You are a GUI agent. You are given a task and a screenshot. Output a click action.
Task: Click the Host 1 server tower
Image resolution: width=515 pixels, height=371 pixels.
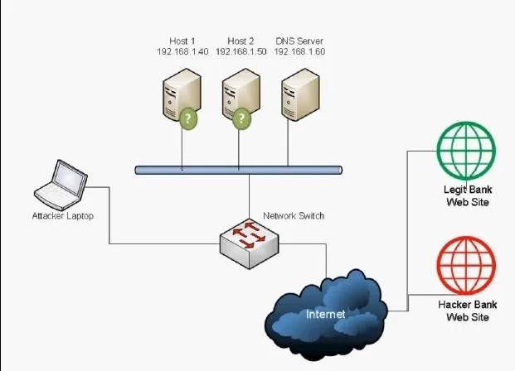pyautogui.click(x=182, y=94)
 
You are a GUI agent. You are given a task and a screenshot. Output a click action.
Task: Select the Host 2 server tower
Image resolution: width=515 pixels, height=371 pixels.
pyautogui.click(x=241, y=94)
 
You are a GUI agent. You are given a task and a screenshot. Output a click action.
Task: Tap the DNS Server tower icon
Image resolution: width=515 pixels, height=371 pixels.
pyautogui.click(x=300, y=94)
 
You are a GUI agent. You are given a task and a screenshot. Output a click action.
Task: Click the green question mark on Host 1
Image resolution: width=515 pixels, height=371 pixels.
pyautogui.click(x=188, y=118)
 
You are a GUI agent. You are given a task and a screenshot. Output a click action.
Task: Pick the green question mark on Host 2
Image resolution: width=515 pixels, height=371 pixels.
pyautogui.click(x=241, y=118)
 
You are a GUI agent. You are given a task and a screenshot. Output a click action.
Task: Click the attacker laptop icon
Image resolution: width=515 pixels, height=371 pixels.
pyautogui.click(x=61, y=185)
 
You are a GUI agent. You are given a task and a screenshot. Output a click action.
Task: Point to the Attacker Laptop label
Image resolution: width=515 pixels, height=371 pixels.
pyautogui.click(x=63, y=216)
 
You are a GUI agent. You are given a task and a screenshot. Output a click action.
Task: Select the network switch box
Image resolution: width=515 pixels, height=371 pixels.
pyautogui.click(x=250, y=244)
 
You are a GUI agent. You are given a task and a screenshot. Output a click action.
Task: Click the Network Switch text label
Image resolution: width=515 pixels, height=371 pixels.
pyautogui.click(x=294, y=215)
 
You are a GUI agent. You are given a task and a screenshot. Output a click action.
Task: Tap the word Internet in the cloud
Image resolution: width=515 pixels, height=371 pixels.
pyautogui.click(x=325, y=314)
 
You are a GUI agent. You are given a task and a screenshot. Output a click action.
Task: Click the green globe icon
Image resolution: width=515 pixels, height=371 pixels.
pyautogui.click(x=466, y=151)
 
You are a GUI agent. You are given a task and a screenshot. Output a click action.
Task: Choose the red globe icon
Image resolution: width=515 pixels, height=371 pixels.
pyautogui.click(x=466, y=265)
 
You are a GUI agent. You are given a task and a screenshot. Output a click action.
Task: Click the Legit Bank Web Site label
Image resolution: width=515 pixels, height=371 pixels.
pyautogui.click(x=468, y=195)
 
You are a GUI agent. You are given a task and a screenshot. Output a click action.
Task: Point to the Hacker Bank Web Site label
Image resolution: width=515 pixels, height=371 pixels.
pyautogui.click(x=468, y=311)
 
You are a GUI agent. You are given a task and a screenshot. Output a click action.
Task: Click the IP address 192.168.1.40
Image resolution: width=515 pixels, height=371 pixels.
pyautogui.click(x=182, y=51)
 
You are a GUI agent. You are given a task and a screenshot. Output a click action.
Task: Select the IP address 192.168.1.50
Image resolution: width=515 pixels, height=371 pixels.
pyautogui.click(x=241, y=51)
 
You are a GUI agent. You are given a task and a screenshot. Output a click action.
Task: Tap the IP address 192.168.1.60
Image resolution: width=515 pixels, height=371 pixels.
pyautogui.click(x=299, y=51)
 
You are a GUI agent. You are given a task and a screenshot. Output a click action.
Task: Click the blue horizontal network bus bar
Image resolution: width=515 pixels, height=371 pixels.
pyautogui.click(x=239, y=170)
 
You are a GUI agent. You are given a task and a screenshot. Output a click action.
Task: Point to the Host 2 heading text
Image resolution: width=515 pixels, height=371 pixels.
pyautogui.click(x=240, y=41)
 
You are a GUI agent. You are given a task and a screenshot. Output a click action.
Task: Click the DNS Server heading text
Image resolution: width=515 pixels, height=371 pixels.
pyautogui.click(x=299, y=41)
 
